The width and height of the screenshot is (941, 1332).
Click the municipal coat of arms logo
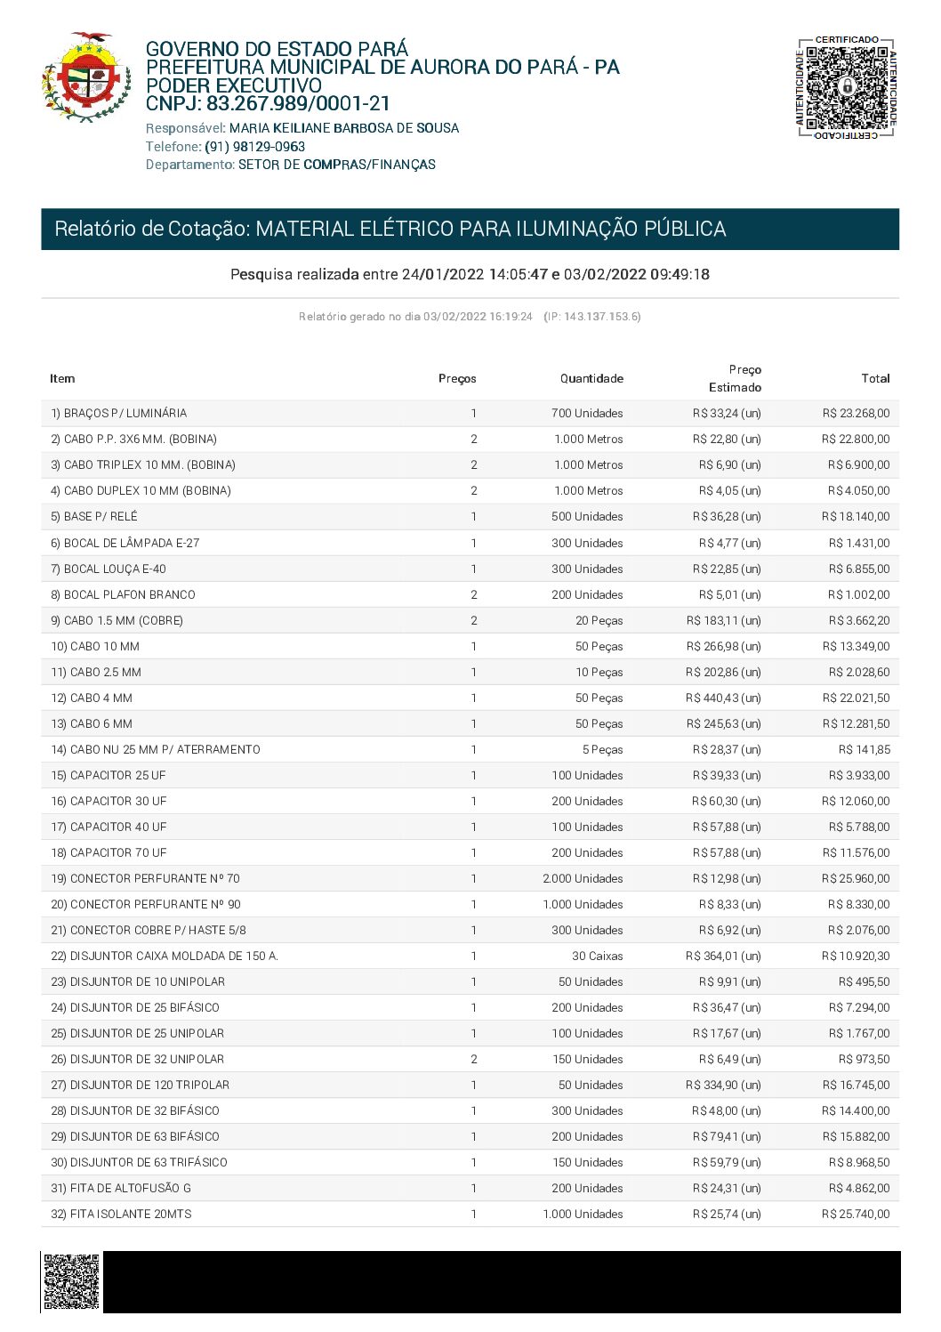[85, 77]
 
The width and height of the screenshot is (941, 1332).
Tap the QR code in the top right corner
[847, 88]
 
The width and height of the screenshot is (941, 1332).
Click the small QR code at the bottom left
[71, 1281]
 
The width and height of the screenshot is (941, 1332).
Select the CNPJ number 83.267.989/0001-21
[298, 104]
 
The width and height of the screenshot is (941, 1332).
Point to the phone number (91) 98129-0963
[255, 147]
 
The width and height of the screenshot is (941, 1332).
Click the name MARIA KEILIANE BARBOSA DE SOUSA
[344, 128]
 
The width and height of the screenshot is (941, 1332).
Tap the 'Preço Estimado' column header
[736, 378]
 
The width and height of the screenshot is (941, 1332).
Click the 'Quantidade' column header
[591, 379]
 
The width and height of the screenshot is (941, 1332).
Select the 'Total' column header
[875, 379]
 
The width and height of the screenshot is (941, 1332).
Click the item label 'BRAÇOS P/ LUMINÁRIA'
[125, 414]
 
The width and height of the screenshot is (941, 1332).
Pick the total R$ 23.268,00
[856, 414]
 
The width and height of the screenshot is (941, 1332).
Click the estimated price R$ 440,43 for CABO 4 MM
[723, 698]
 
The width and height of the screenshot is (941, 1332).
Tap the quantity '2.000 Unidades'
[583, 879]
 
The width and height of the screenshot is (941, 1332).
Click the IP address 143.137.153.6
[601, 317]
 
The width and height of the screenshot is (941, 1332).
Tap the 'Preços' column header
[457, 379]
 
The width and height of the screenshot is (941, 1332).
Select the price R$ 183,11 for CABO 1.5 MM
[723, 621]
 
